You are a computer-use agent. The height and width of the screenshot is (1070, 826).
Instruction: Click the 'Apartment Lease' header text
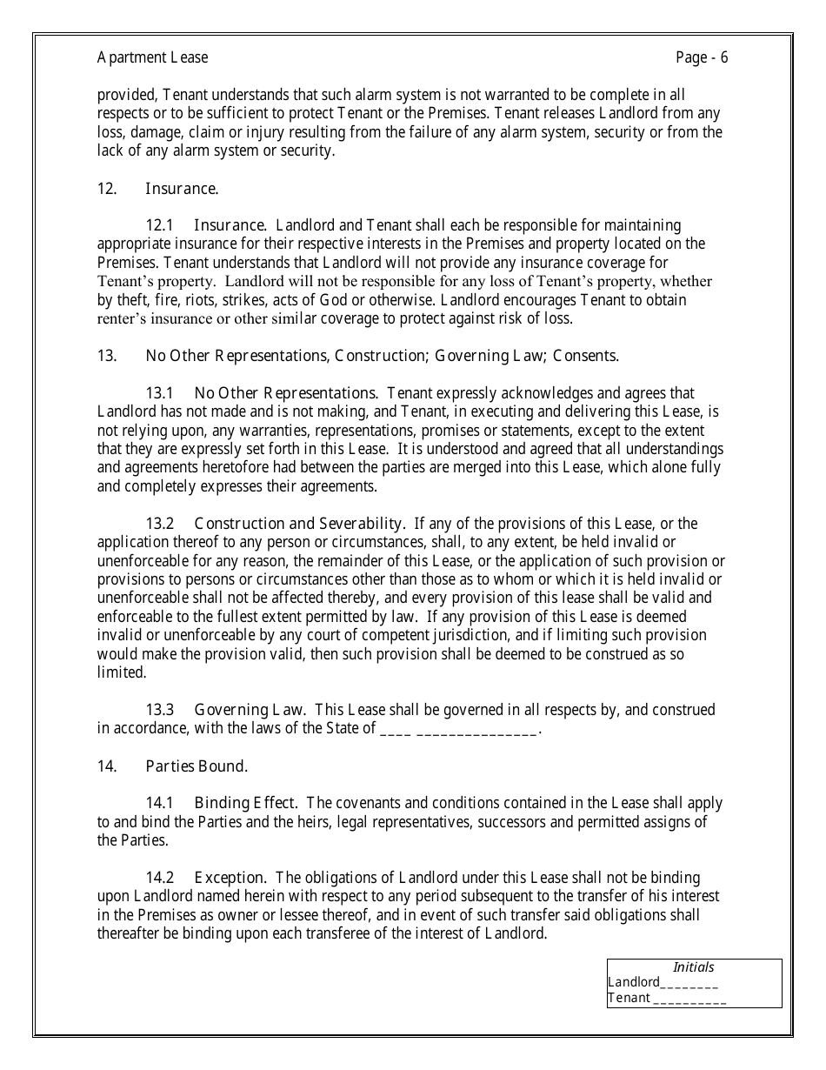click(152, 58)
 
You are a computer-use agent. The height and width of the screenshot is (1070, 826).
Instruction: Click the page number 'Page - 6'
click(702, 58)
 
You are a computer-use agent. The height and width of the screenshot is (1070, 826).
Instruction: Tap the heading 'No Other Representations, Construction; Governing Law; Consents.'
click(383, 356)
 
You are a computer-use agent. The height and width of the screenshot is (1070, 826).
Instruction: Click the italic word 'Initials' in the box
click(694, 967)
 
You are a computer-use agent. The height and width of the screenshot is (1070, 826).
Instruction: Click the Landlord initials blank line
click(689, 984)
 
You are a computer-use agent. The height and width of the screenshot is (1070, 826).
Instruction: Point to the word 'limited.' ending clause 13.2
click(120, 673)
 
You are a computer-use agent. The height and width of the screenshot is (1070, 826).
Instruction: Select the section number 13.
click(107, 356)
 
